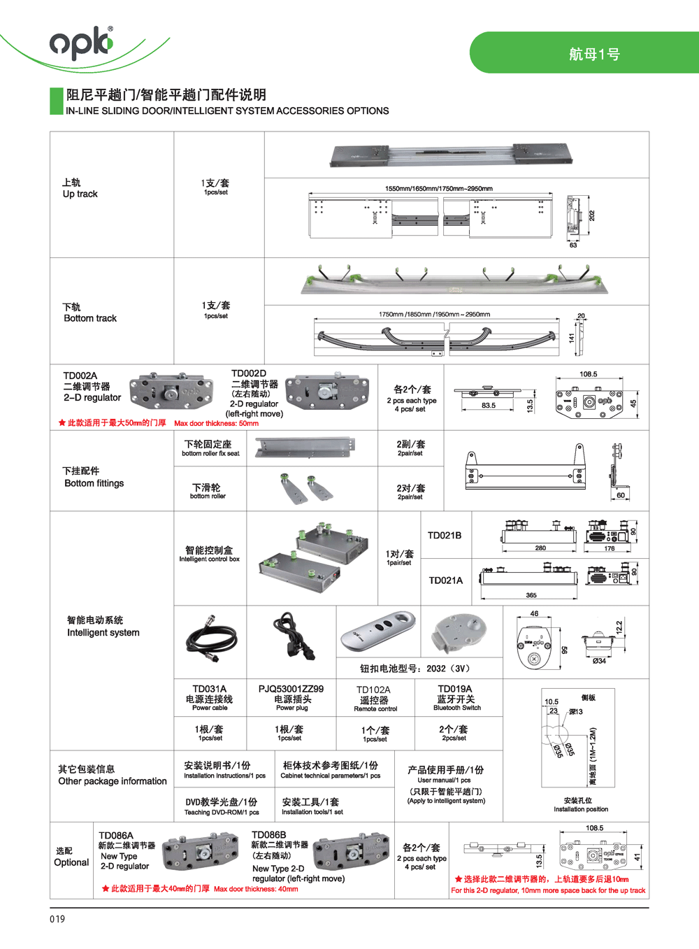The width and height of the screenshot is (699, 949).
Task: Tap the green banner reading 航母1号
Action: [x=593, y=53]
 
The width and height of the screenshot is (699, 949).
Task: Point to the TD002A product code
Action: [x=80, y=376]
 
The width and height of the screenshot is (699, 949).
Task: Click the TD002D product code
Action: [x=249, y=373]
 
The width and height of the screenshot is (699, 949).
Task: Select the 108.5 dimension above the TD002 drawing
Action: [x=588, y=374]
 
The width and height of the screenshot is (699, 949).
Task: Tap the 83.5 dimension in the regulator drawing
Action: [x=488, y=406]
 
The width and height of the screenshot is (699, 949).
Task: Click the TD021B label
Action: [x=445, y=536]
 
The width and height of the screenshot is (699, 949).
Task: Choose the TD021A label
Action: [x=445, y=580]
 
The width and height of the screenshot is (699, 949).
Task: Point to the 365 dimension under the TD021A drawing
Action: [x=531, y=595]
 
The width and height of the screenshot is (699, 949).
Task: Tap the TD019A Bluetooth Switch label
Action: [x=456, y=697]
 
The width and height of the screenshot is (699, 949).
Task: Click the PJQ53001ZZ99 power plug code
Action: [x=291, y=689]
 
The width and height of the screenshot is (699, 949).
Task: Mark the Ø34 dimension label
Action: [x=599, y=661]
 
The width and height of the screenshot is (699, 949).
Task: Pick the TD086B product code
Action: [x=268, y=835]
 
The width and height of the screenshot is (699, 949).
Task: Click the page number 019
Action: [x=57, y=919]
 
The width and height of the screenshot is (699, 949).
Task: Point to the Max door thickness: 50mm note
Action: [x=216, y=423]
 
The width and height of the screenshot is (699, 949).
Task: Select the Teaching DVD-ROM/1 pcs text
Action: [x=221, y=812]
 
